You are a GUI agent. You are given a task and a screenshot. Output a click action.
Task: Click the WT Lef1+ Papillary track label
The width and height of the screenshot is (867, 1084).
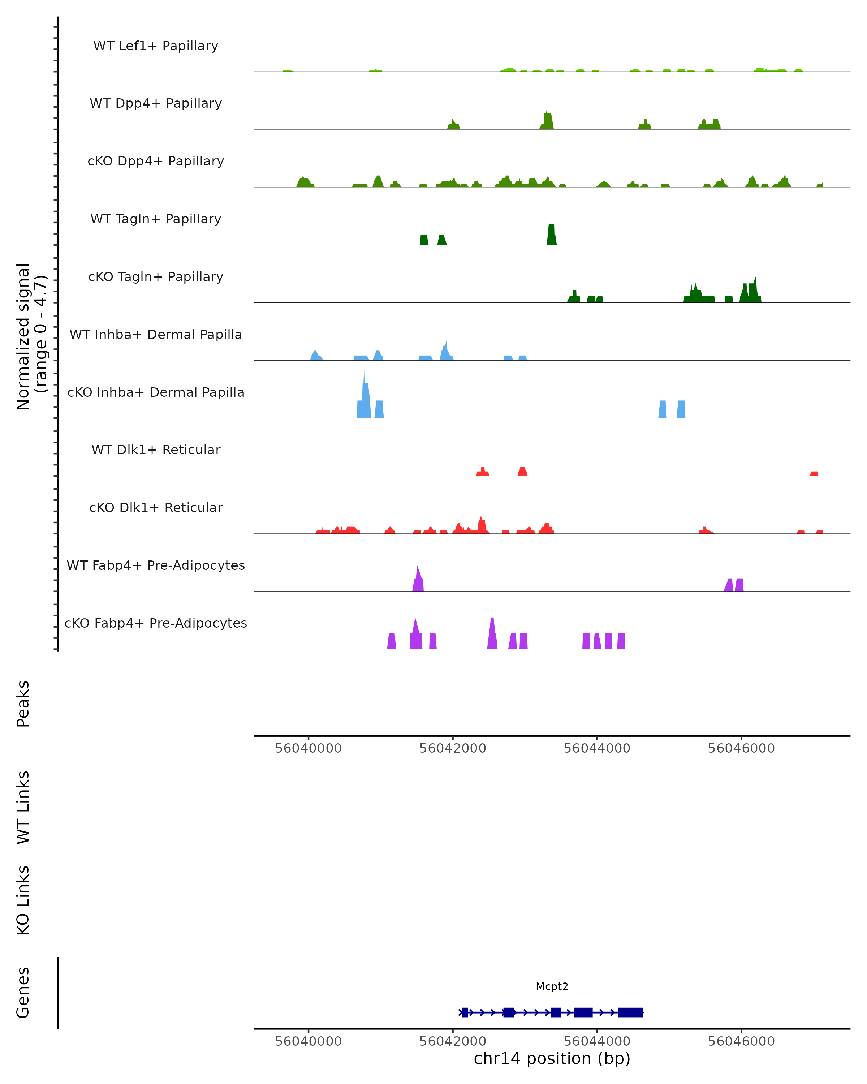156,46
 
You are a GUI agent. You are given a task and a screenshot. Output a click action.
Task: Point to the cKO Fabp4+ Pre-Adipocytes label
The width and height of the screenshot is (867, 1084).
156,623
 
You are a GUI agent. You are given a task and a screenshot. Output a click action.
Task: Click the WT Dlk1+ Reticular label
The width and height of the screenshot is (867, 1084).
156,449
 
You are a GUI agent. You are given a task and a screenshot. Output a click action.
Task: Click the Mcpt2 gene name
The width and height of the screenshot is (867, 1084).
552,986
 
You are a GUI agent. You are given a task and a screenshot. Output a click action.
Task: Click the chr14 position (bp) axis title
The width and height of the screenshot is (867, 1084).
552,1059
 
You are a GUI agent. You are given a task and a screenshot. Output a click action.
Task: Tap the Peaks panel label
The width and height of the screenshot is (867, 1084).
23,704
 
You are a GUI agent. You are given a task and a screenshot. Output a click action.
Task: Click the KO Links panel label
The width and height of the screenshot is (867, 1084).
23,900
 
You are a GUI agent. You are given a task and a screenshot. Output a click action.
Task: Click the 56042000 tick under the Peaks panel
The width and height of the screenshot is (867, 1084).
453,748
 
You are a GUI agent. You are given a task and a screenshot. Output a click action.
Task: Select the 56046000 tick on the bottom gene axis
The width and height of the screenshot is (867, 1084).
741,1041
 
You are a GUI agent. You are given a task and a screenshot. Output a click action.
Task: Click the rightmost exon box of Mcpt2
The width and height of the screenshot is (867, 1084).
630,1012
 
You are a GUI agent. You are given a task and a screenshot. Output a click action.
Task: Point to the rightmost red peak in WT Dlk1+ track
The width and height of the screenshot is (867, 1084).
814,473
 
